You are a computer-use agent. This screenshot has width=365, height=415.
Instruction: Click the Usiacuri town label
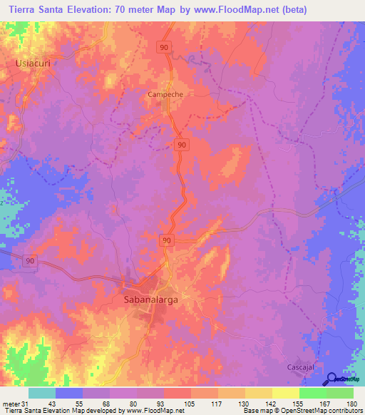(31, 63)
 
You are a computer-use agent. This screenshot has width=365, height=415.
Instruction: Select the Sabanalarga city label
(146, 300)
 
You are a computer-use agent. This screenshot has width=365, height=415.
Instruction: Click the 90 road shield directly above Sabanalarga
(166, 241)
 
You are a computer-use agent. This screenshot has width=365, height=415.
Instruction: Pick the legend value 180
(353, 403)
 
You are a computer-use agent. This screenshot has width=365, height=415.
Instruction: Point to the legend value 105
(191, 403)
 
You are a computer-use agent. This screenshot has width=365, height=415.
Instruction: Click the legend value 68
(110, 403)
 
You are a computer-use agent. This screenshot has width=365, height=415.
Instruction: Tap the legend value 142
(272, 403)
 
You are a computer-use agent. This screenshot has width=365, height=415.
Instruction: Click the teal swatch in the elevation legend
(42, 393)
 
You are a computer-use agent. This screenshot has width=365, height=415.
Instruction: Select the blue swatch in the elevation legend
(69, 393)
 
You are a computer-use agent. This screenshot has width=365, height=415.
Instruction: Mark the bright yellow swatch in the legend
(285, 393)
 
